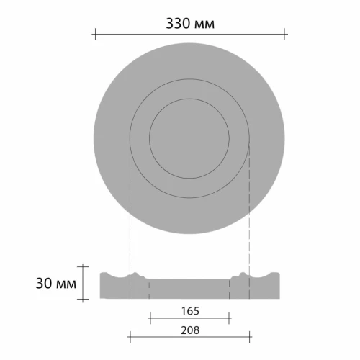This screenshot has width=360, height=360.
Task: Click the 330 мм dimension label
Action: tap(189, 24)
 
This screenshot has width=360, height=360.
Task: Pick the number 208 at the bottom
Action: tap(189, 329)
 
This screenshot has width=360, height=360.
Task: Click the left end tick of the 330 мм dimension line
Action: tap(94, 32)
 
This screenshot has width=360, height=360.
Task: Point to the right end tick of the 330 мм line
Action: tap(285, 32)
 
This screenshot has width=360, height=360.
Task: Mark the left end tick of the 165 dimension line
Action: tap(149, 317)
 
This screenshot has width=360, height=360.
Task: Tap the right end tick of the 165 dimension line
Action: tap(230, 317)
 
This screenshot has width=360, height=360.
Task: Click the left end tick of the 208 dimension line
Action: tap(129, 336)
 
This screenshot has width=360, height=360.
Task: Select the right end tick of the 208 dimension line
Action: tap(250, 336)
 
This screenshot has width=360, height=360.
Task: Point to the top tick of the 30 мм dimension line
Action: tap(85, 266)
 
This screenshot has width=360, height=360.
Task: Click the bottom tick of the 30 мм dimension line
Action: tap(85, 298)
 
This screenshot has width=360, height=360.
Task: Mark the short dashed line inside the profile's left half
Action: tap(149, 288)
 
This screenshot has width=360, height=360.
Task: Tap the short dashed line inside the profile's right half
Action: tap(230, 288)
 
